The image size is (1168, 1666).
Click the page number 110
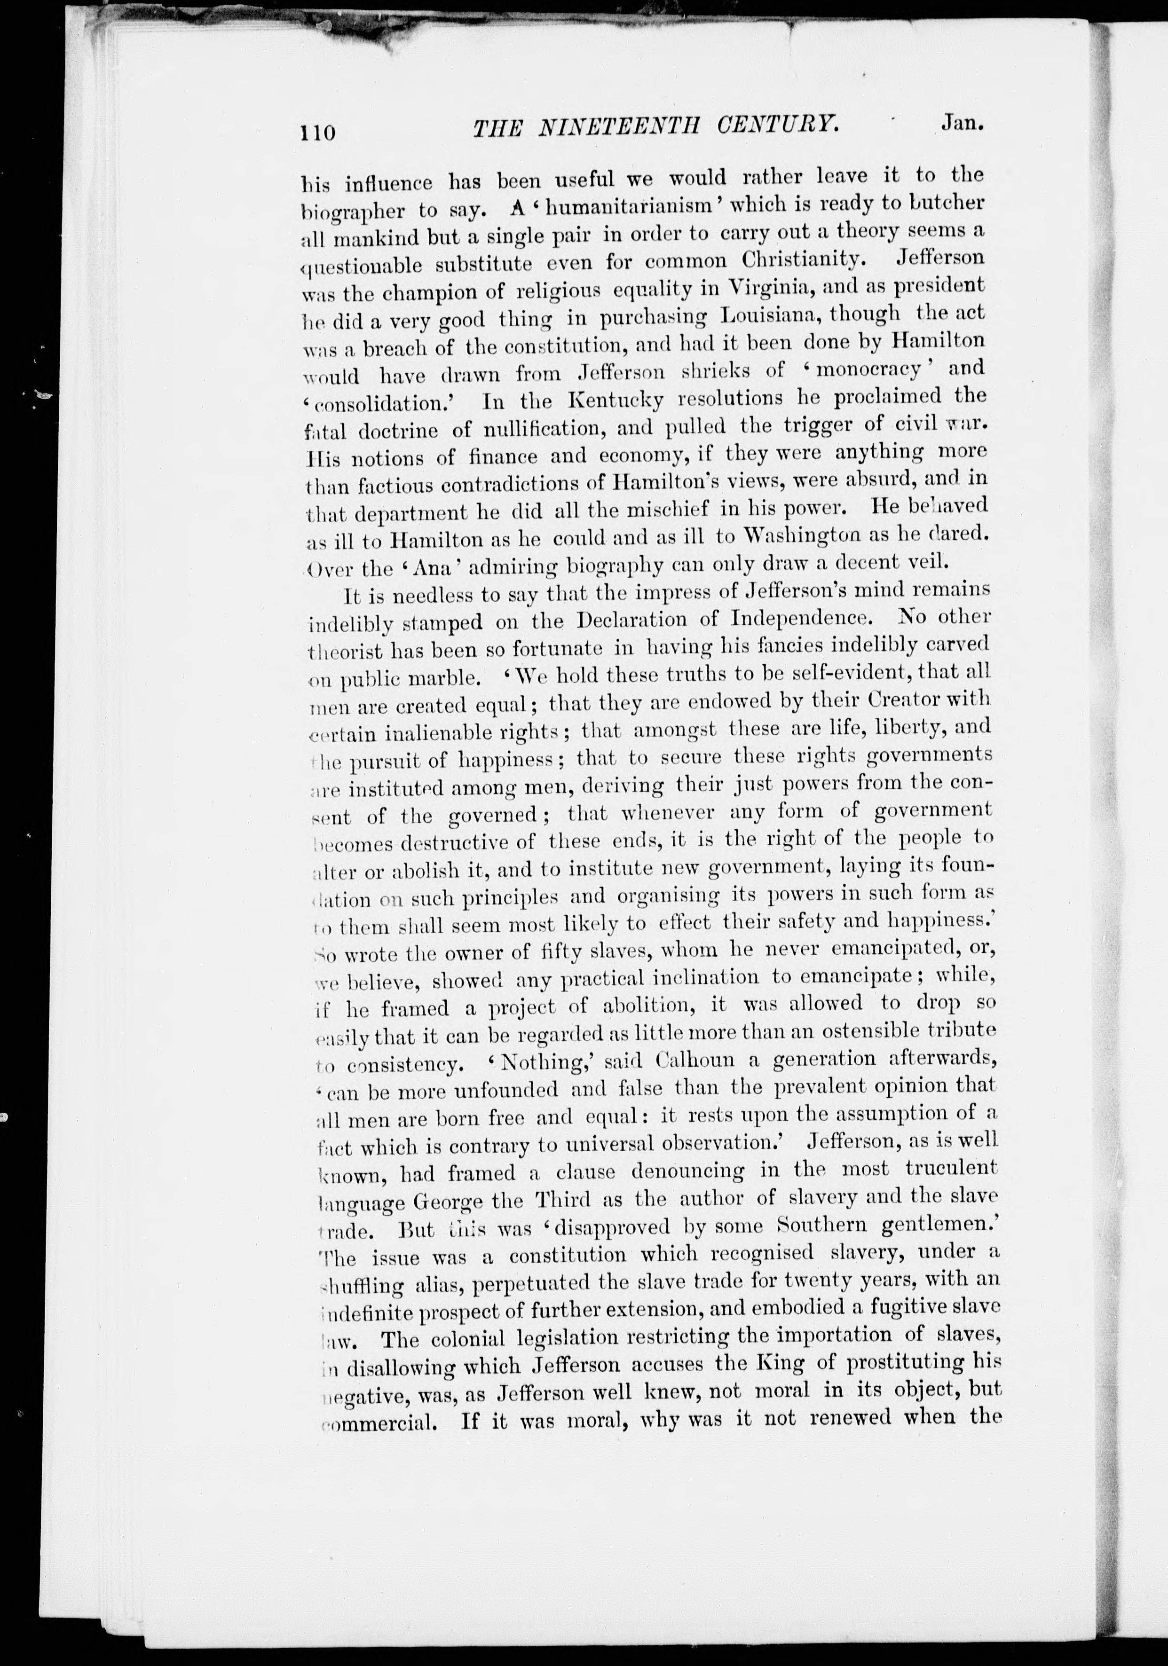point(318,133)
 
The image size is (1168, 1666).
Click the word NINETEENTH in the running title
point(611,128)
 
